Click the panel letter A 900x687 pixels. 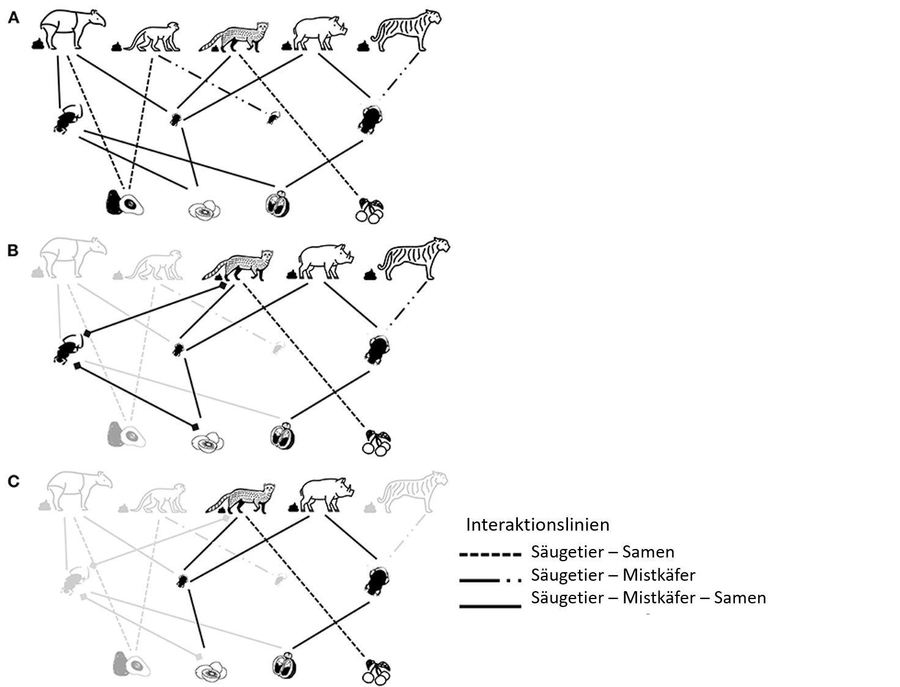pos(13,18)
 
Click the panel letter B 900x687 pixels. pos(13,250)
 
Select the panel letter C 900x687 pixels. pos(13,481)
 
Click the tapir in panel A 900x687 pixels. pos(73,29)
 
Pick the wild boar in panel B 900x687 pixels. pos(326,262)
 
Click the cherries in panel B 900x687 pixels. pos(377,443)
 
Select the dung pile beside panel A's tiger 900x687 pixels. pos(363,46)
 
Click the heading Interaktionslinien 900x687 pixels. pos(537,525)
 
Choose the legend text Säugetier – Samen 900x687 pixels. pos(603,552)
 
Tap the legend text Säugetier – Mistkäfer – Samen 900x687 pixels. pos(649,598)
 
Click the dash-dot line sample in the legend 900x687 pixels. pos(490,580)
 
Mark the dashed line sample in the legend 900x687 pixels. pos(490,555)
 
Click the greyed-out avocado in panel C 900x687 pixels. pos(131,663)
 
